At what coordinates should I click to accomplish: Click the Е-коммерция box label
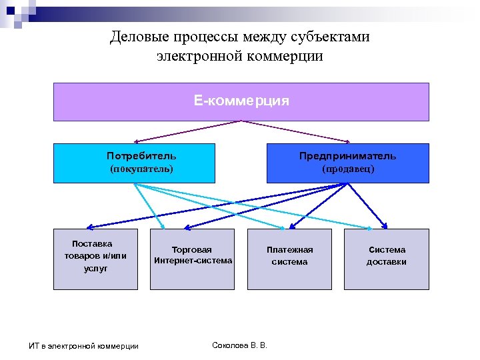[x=241, y=101]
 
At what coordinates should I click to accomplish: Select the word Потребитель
[x=141, y=156]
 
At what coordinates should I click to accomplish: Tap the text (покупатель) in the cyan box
[x=141, y=169]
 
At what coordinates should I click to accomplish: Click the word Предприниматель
[x=347, y=156]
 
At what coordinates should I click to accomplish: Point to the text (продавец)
[x=348, y=169]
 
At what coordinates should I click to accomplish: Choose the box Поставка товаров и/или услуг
[x=95, y=259]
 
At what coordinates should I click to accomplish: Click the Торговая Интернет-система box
[x=192, y=259]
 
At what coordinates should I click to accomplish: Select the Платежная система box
[x=289, y=259]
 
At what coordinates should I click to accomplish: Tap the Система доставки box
[x=386, y=259]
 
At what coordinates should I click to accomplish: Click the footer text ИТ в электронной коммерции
[x=84, y=345]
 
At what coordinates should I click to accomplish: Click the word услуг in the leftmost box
[x=95, y=268]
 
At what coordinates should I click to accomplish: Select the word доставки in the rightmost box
[x=386, y=262]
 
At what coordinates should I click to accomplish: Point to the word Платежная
[x=289, y=250]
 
